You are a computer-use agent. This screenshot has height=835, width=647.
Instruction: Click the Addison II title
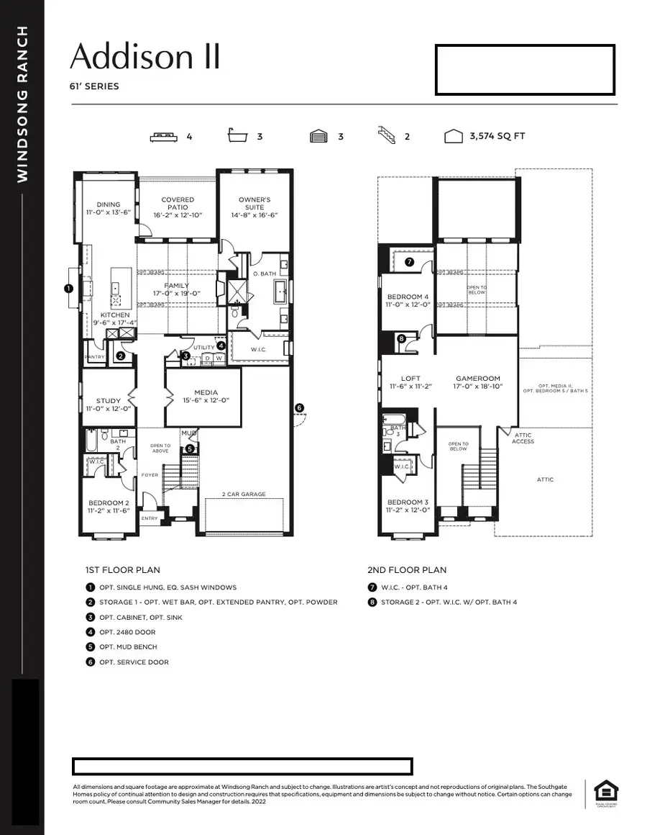pyautogui.click(x=144, y=56)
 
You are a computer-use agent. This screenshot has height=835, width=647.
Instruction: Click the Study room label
pyautogui.click(x=109, y=405)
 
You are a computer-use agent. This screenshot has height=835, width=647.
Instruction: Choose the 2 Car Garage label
pyautogui.click(x=244, y=495)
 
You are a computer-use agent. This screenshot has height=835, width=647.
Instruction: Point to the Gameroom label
pyautogui.click(x=477, y=382)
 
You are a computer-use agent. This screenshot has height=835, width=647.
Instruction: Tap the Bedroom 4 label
pyautogui.click(x=408, y=300)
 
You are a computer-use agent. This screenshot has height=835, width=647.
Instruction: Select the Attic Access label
pyautogui.click(x=523, y=438)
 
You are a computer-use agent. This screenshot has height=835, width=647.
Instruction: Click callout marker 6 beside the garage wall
pyautogui.click(x=300, y=408)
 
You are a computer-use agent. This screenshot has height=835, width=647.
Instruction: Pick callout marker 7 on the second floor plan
pyautogui.click(x=409, y=262)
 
